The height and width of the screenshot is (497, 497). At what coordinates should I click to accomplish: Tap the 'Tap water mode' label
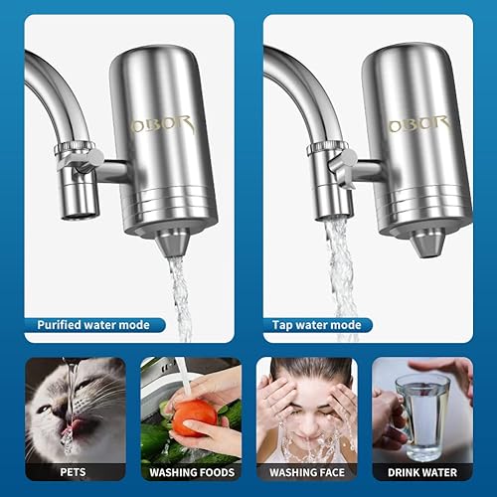point(317,324)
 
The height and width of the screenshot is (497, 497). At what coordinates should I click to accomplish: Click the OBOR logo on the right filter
point(416,124)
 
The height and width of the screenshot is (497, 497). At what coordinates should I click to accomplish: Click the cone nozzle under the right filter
point(428,241)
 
